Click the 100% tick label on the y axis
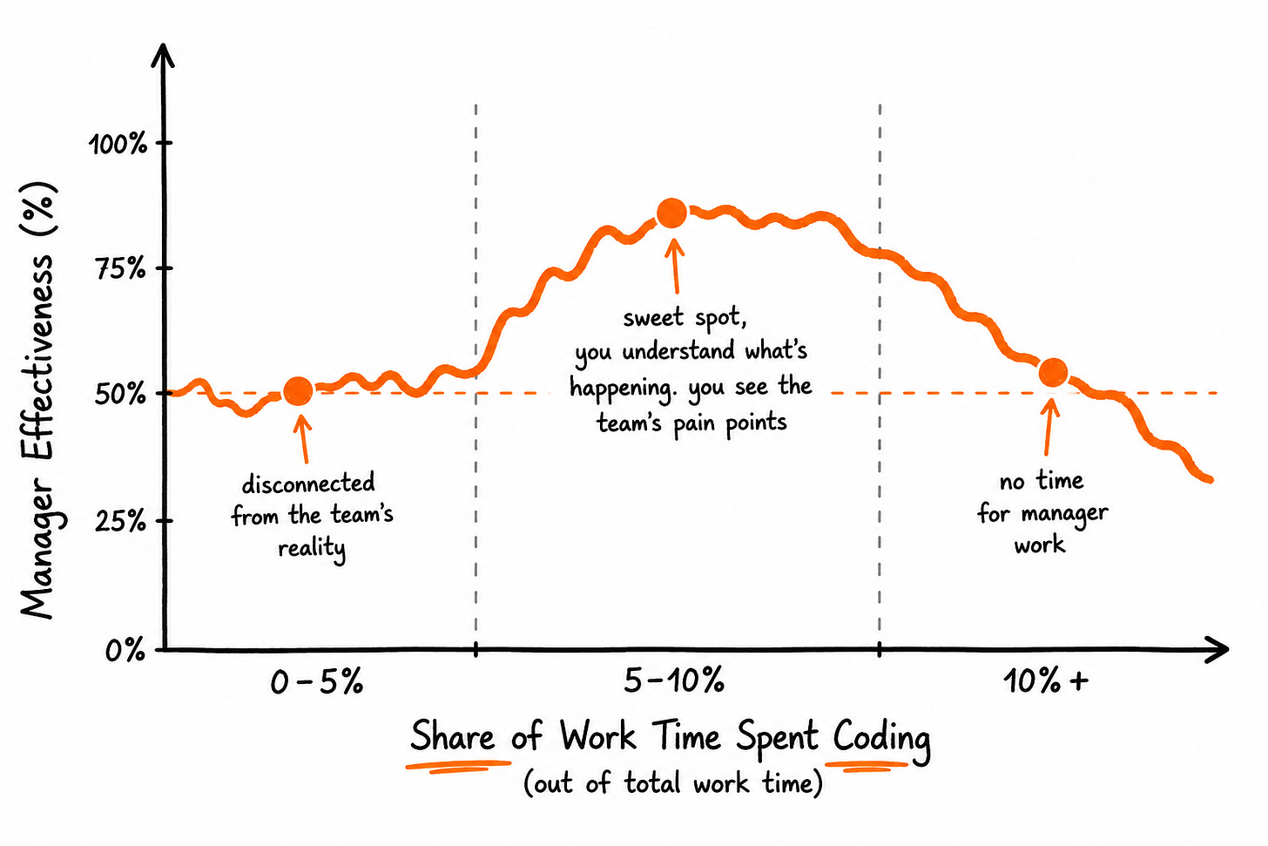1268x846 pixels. [118, 144]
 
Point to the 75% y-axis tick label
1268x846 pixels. [120, 268]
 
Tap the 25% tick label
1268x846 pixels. [120, 520]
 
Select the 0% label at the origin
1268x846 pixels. [125, 650]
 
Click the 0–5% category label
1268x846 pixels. [316, 681]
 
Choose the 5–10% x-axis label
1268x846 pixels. [674, 680]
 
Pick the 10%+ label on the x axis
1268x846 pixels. [1046, 680]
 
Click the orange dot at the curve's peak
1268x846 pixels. [672, 213]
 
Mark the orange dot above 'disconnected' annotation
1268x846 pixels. [299, 390]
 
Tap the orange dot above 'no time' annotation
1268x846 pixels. [1053, 373]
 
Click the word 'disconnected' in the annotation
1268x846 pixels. [308, 483]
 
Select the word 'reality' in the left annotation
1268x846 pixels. [312, 549]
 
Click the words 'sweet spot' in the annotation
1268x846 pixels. [685, 318]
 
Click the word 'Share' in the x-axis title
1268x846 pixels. [452, 736]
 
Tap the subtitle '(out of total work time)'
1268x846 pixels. [673, 784]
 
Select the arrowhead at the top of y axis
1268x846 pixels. [163, 56]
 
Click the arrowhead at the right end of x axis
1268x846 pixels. [1216, 649]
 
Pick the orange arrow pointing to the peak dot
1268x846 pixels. [675, 265]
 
